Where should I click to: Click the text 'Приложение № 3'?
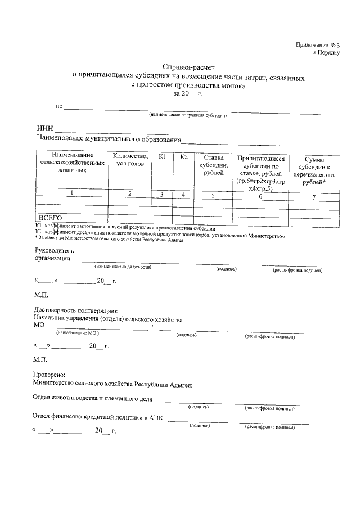point(318,44)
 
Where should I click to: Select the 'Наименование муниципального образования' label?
point(110,139)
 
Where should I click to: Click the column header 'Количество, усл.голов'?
point(130,160)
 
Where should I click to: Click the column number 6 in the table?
point(260,195)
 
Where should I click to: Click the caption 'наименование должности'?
point(123,267)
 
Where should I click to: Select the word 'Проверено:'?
point(49,375)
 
